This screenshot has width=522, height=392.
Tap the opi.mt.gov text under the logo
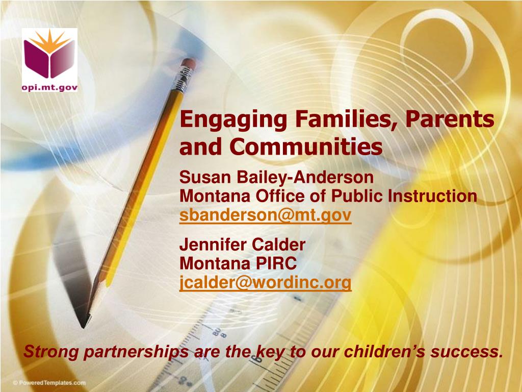click(x=49, y=87)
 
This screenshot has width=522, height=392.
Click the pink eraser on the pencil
click(x=189, y=63)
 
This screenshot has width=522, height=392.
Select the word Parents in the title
click(x=450, y=119)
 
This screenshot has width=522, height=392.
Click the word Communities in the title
click(x=306, y=146)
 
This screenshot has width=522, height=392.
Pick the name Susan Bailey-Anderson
click(x=276, y=177)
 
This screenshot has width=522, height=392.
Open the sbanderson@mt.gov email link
click(x=265, y=215)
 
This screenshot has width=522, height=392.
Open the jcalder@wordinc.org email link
click(x=265, y=282)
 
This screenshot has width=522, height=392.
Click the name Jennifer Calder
click(x=242, y=244)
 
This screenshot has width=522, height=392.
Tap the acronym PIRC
click(x=276, y=263)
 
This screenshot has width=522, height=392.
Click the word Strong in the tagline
click(x=51, y=351)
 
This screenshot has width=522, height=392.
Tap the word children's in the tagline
click(x=384, y=351)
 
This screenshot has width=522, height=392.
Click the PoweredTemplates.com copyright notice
click(x=49, y=383)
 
